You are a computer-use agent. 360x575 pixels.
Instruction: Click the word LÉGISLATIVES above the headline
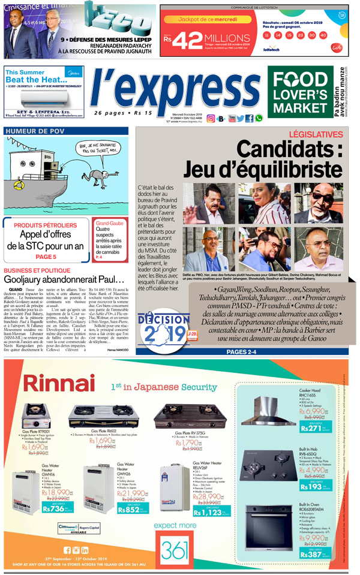315,136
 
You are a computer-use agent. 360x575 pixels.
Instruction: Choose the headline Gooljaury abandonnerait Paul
64,280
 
